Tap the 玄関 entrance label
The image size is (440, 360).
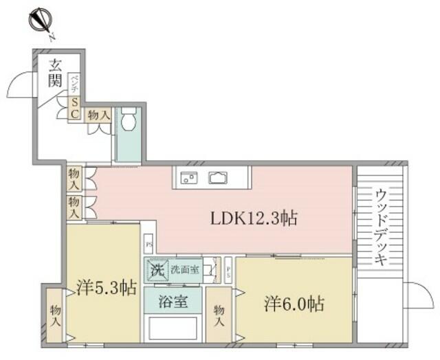55,74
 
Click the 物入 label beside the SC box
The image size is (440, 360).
98,115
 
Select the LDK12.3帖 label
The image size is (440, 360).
254,219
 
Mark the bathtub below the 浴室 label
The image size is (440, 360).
173,328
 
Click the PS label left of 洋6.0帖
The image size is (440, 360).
228,270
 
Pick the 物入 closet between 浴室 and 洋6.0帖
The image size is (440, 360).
219,316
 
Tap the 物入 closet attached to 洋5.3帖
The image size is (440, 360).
56,315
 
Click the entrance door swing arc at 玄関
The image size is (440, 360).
21,87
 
